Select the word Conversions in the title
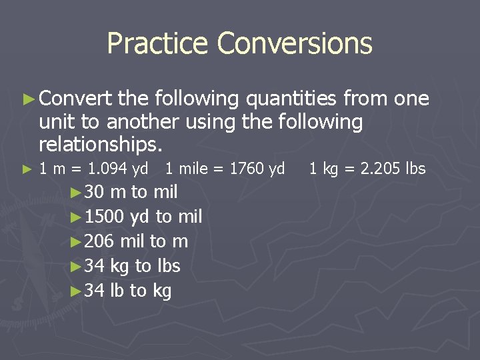pos(295,44)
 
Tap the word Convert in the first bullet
pos(75,99)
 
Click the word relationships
pos(100,143)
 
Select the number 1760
pos(247,169)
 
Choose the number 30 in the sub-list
pos(95,192)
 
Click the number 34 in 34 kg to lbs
pos(95,266)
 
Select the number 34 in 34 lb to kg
pos(95,291)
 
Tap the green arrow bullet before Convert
pos(27,99)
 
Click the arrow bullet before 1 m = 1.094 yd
pos(27,169)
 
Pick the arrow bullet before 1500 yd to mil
pos(76,217)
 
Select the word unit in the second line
pos(55,122)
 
